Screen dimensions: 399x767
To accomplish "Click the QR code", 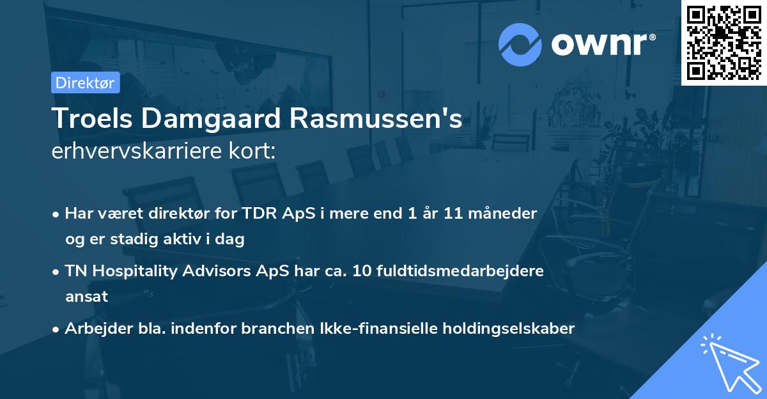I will [724, 42].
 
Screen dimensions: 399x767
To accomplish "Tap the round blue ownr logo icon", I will [520, 44].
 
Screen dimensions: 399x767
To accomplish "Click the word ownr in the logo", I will [603, 43].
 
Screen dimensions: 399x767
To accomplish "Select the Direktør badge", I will [85, 82].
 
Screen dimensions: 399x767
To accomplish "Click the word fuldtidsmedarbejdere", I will [468, 270].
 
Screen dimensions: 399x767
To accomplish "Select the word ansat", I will [86, 297].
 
